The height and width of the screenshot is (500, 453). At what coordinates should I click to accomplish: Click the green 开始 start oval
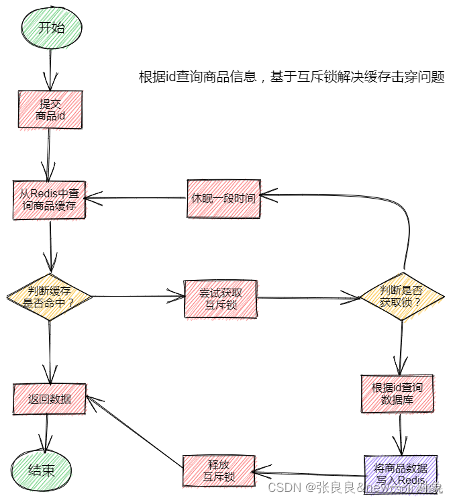coord(51,28)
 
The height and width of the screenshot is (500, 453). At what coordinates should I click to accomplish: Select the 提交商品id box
coord(50,109)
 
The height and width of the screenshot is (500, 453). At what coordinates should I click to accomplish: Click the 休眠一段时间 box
coord(222,199)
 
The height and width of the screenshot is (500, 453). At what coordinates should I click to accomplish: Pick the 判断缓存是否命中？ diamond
coord(49,296)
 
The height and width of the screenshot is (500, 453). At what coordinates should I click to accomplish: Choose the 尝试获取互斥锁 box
coord(220,299)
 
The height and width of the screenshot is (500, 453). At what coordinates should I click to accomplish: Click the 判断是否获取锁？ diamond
coord(402,296)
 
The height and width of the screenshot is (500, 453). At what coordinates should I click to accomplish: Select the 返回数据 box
coord(50,399)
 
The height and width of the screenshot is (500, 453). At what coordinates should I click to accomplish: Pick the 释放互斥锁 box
coord(219,470)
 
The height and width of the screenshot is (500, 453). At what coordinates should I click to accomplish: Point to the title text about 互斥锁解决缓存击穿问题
coord(291,77)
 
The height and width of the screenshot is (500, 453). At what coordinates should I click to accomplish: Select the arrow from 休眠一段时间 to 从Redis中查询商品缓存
coord(134,198)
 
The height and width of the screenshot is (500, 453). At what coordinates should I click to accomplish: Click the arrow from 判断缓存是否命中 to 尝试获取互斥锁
coord(138,297)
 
